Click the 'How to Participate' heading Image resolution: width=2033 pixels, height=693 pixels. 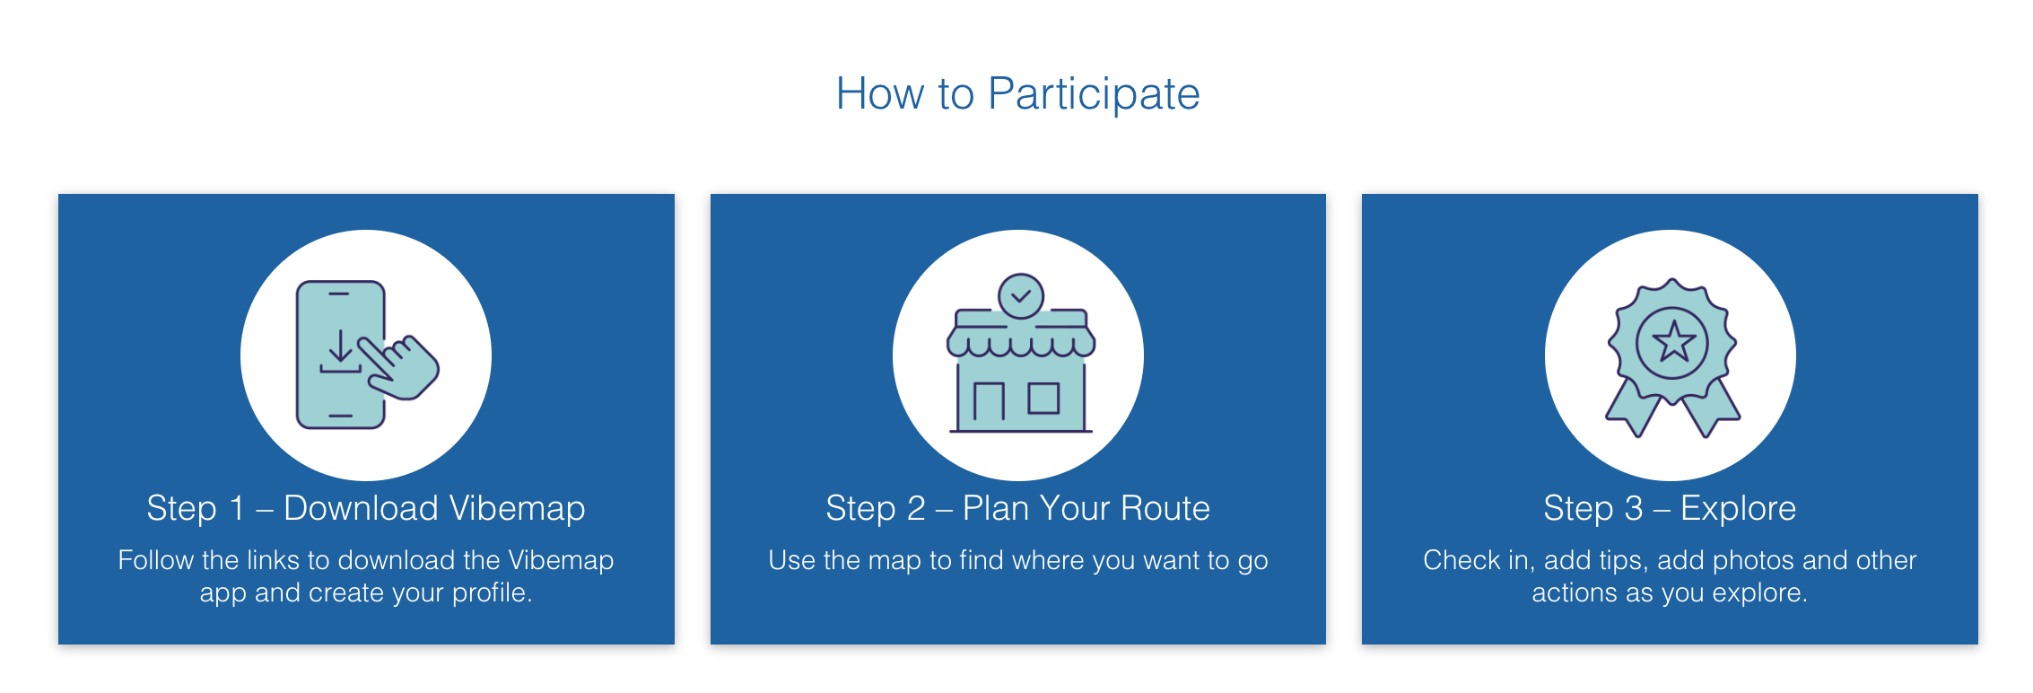click(x=1017, y=93)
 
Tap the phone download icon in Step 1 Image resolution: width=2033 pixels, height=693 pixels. click(x=367, y=355)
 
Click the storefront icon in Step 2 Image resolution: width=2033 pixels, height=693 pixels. click(x=1021, y=353)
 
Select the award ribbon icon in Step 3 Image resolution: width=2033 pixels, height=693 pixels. click(x=1672, y=357)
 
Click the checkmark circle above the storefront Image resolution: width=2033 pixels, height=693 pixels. click(x=1021, y=295)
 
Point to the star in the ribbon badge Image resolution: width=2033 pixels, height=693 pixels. click(x=1672, y=342)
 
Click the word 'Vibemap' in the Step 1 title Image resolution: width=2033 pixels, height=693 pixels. click(x=517, y=508)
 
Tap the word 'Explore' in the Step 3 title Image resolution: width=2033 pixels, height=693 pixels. click(x=1738, y=509)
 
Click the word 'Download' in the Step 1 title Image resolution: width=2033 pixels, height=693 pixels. click(x=361, y=508)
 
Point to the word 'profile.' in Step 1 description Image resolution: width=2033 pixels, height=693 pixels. click(x=492, y=593)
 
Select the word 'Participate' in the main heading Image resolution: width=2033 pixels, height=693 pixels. click(x=1094, y=93)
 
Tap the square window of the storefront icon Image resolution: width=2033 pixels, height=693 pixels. click(x=1043, y=398)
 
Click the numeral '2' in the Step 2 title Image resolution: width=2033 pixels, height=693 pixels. click(x=916, y=508)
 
